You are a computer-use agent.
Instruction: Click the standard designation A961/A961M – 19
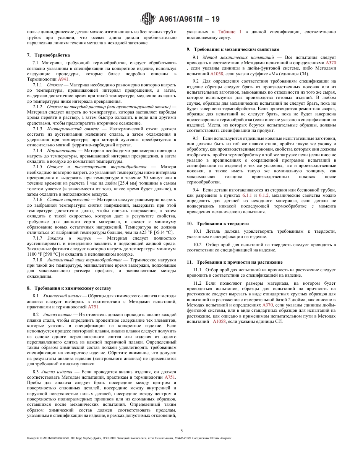pos(189,19)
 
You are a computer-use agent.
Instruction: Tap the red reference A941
pos(63,79)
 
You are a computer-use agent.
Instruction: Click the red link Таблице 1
pos(230,32)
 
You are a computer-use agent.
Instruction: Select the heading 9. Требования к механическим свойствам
pos(233,49)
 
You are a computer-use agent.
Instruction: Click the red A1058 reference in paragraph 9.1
pos(217,73)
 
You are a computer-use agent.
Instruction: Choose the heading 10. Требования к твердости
pos(217,223)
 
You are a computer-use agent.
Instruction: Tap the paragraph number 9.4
pos(196,190)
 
